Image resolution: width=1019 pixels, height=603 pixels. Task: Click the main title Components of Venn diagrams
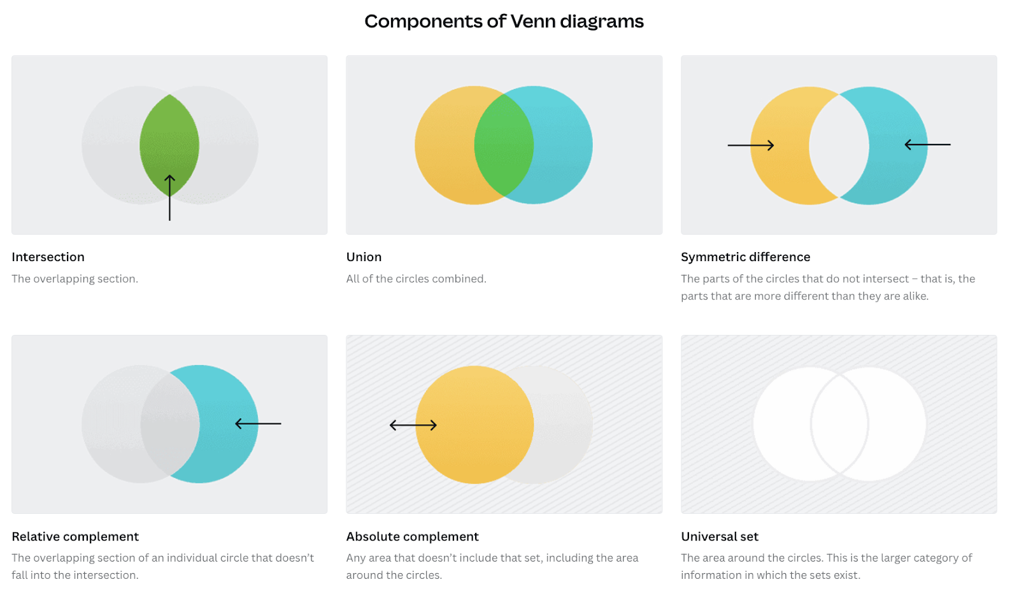(504, 22)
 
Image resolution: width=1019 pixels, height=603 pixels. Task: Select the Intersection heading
(48, 257)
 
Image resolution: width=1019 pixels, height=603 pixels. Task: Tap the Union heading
(364, 257)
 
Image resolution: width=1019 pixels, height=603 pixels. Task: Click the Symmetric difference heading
(745, 257)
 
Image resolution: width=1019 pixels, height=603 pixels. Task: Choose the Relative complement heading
(75, 536)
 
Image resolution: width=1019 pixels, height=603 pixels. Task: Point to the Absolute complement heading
(412, 536)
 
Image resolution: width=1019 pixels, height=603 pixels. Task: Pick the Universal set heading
(720, 536)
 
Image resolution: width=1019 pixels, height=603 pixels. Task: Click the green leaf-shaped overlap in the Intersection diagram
(169, 137)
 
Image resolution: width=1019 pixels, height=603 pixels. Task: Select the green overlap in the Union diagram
(504, 145)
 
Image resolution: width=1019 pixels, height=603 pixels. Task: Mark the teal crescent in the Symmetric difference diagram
(898, 172)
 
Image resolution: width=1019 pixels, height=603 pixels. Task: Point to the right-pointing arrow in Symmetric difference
(751, 145)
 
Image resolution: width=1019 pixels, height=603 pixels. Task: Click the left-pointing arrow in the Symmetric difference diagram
(927, 145)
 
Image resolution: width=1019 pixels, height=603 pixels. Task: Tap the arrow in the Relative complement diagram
(258, 423)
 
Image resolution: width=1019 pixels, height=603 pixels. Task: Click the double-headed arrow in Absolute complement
(413, 425)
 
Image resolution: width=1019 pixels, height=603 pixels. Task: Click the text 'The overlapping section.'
(75, 278)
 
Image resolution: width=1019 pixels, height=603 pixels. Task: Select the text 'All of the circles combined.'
(416, 278)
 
